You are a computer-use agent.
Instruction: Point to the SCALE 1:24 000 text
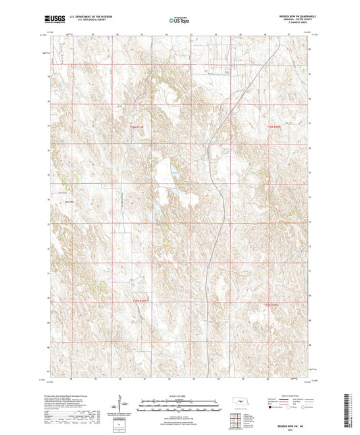pyautogui.click(x=180, y=396)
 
